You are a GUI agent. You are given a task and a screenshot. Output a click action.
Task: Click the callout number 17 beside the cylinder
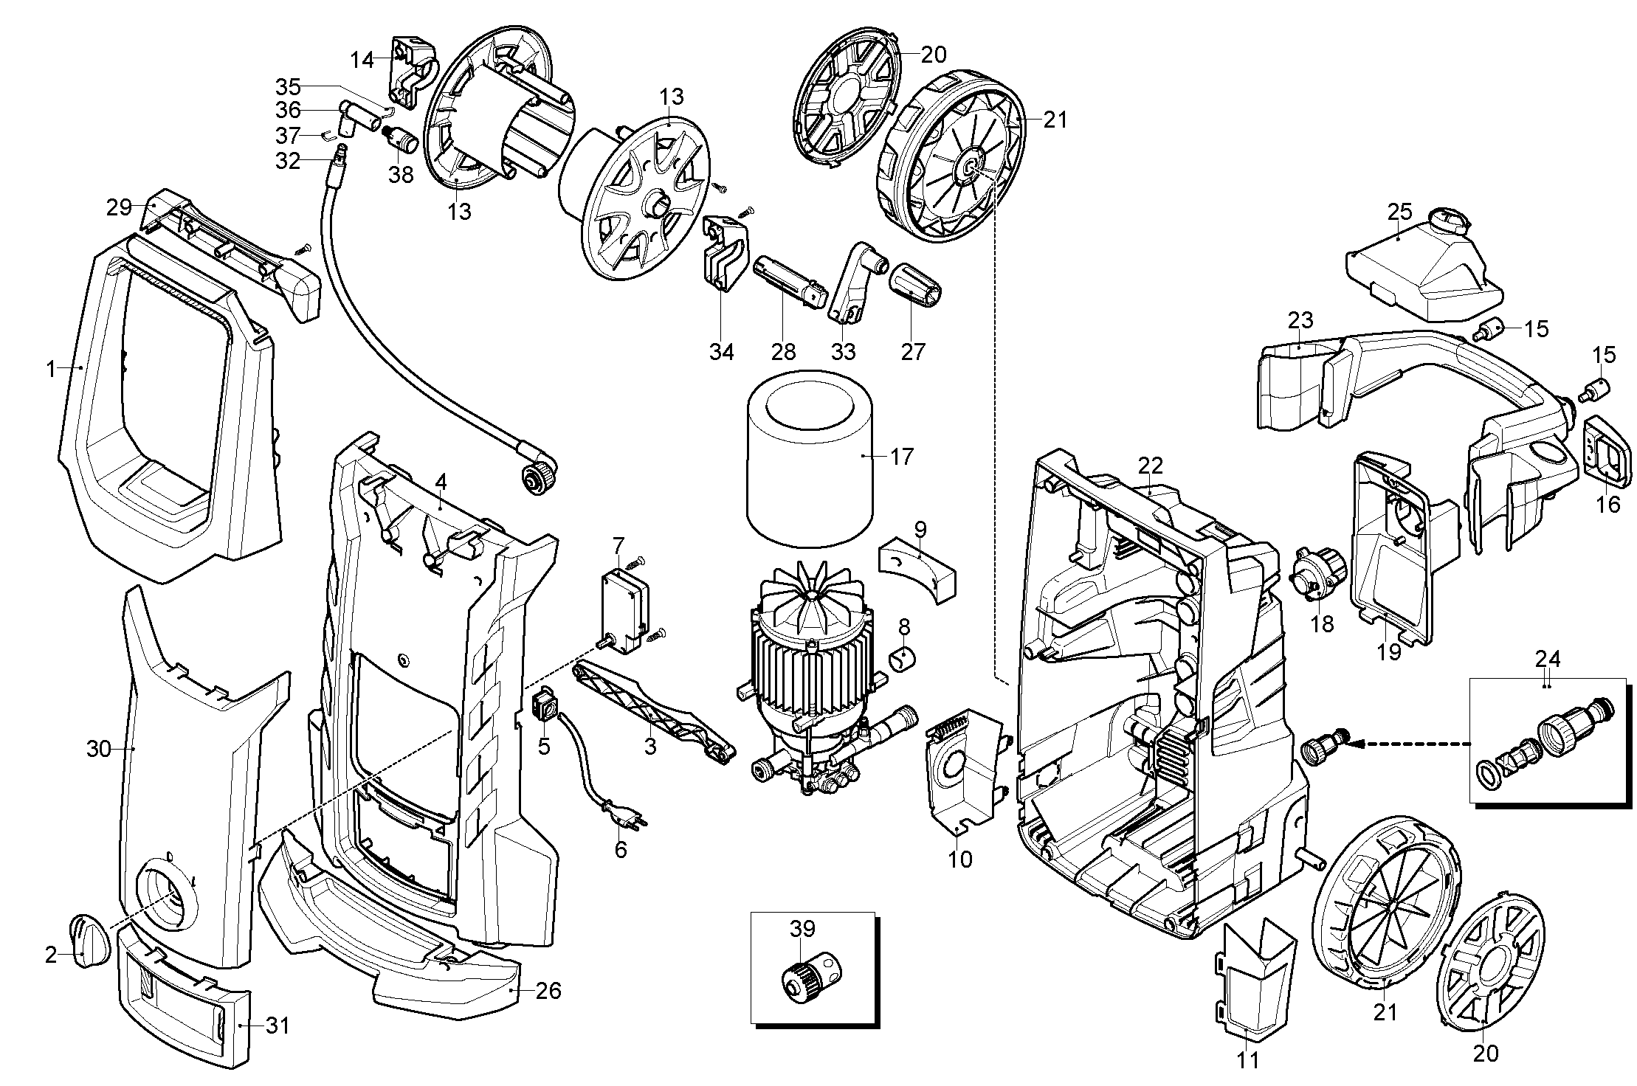coord(901,457)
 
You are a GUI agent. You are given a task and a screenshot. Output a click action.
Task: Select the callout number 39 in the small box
coord(802,928)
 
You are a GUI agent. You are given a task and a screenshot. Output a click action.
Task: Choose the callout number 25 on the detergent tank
coord(1399,212)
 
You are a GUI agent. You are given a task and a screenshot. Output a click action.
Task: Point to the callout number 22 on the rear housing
coord(1150,466)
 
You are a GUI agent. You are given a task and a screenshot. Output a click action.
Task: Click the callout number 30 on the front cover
coord(99,749)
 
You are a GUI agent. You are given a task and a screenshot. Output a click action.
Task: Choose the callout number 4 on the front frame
coord(441,483)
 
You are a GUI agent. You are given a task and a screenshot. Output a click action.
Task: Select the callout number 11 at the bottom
coord(1247,1060)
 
